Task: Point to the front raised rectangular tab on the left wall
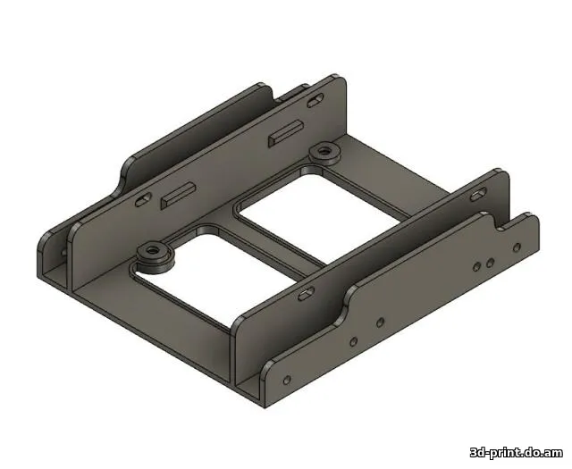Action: click(x=177, y=194)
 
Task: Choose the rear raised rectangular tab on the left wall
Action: click(x=284, y=135)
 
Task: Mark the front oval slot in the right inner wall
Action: click(x=305, y=292)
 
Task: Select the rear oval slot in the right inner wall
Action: click(x=479, y=191)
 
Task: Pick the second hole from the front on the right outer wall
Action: click(x=353, y=340)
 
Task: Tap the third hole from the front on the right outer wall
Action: click(x=380, y=320)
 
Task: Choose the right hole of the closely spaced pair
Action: click(x=490, y=262)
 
